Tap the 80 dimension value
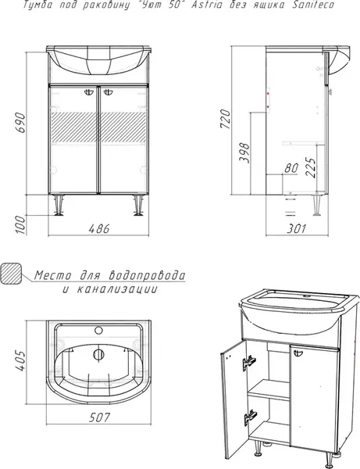coord(291,167)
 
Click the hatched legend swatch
coord(13,276)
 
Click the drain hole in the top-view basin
coord(98,354)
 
